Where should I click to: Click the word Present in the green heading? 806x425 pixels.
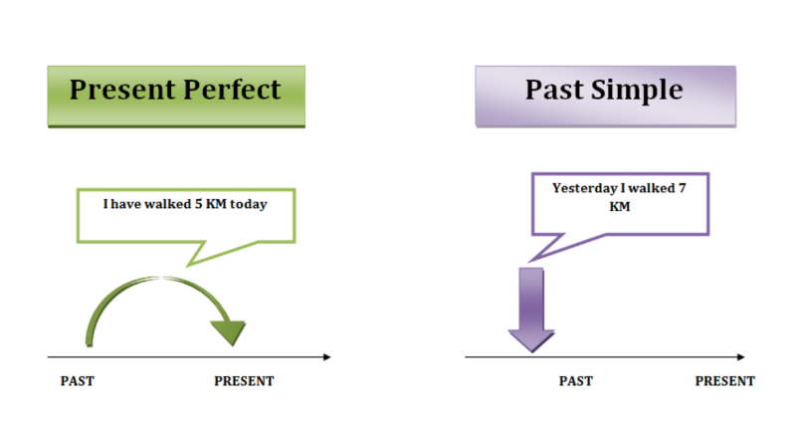122,90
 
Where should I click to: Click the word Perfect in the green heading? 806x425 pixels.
232,90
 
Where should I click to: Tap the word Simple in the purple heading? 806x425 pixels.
637,91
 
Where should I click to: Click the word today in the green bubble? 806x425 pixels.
249,204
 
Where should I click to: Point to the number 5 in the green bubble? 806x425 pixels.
198,204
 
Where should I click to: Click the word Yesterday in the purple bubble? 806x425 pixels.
584,188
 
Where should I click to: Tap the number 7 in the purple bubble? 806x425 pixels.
683,188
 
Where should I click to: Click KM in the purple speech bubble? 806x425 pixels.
619,207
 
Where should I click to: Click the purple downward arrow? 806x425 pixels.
531,310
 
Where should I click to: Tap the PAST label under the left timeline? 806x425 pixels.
77,381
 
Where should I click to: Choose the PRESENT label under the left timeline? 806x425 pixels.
244,381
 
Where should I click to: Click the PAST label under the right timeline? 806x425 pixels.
576,381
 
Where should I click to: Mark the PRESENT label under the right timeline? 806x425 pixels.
724,381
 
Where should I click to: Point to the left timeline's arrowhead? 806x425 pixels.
327,356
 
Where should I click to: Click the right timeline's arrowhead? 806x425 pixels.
741,356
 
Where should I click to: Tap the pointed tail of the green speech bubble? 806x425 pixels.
188,265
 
